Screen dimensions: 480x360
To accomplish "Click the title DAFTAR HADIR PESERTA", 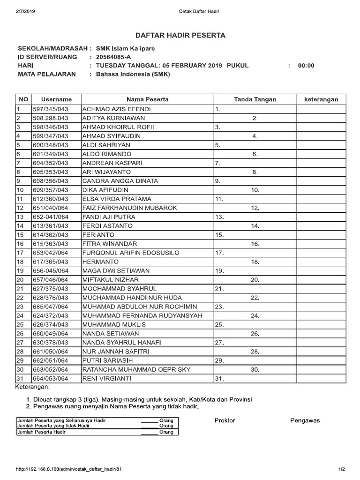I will click(180, 35).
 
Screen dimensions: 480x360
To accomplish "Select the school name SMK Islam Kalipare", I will click(125, 48).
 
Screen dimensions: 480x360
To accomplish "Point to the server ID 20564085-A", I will click(114, 57).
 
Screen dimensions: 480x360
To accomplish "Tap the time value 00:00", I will click(306, 66).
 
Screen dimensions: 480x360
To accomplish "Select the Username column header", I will click(56, 99).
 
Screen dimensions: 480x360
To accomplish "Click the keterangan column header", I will click(321, 99).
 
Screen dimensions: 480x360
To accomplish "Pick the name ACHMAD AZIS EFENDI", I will click(110, 109).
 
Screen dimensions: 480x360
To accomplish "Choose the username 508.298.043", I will click(50, 118).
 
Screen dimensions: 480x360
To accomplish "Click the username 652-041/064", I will click(50, 217).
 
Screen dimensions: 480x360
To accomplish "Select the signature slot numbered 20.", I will click(255, 280).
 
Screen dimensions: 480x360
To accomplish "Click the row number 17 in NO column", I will click(20, 253).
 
